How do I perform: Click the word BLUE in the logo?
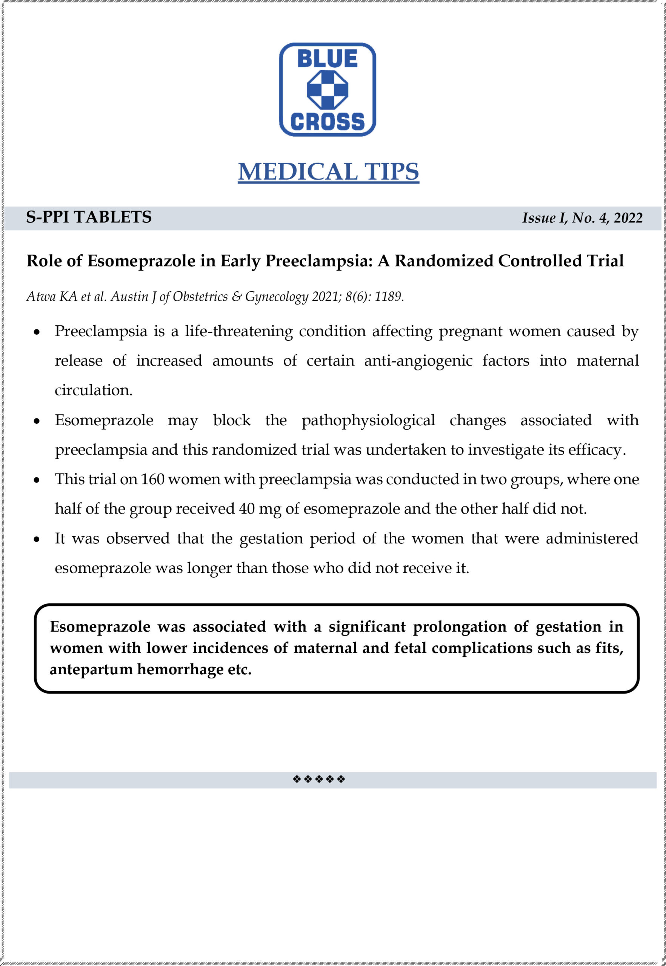click(x=327, y=59)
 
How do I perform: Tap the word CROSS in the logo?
click(x=327, y=122)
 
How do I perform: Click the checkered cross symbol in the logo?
click(x=327, y=89)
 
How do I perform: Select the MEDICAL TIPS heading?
click(x=328, y=171)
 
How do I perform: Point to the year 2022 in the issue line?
click(x=628, y=218)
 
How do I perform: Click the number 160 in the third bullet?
click(x=152, y=479)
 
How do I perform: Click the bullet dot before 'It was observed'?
click(x=37, y=540)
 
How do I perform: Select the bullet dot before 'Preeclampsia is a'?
click(x=37, y=332)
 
